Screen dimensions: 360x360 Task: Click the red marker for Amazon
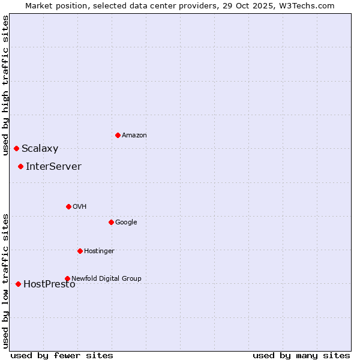pos(118,135)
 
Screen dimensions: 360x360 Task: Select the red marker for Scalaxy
pos(16,148)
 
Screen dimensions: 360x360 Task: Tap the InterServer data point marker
pos(20,166)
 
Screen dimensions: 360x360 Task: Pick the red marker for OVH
pos(68,206)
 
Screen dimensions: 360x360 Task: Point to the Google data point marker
pos(111,222)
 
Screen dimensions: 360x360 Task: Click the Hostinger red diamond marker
pos(80,251)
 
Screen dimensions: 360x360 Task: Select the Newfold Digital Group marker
pos(67,278)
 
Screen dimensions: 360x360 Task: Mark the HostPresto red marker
pos(18,284)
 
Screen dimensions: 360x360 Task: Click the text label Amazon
pos(134,136)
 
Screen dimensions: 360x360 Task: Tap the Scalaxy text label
pos(40,149)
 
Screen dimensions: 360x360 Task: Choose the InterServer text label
pos(53,167)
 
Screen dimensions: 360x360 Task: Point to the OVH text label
pos(80,207)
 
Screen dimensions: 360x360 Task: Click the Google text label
pos(126,223)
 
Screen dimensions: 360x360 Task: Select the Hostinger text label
pos(99,251)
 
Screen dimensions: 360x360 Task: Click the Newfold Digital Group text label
pos(106,278)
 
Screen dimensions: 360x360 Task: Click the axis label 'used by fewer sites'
pos(62,355)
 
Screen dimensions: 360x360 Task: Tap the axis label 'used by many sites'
pos(301,355)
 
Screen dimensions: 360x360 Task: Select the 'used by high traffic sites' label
pos(5,85)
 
